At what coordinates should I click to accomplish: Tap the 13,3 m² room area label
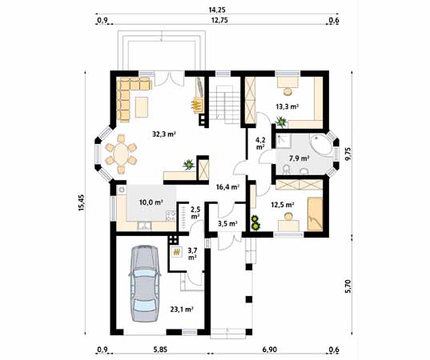(x=287, y=106)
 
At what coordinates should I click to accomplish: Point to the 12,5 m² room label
(x=283, y=206)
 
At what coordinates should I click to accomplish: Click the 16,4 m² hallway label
(x=226, y=188)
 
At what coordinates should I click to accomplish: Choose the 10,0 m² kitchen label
(x=153, y=204)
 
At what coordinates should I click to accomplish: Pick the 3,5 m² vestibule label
(x=227, y=224)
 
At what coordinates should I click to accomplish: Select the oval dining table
(x=121, y=153)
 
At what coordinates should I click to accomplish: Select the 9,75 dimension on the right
(x=348, y=152)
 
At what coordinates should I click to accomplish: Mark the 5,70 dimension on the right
(x=348, y=284)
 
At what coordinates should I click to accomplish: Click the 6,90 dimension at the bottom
(x=269, y=350)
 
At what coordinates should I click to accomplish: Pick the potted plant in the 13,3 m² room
(x=281, y=122)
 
